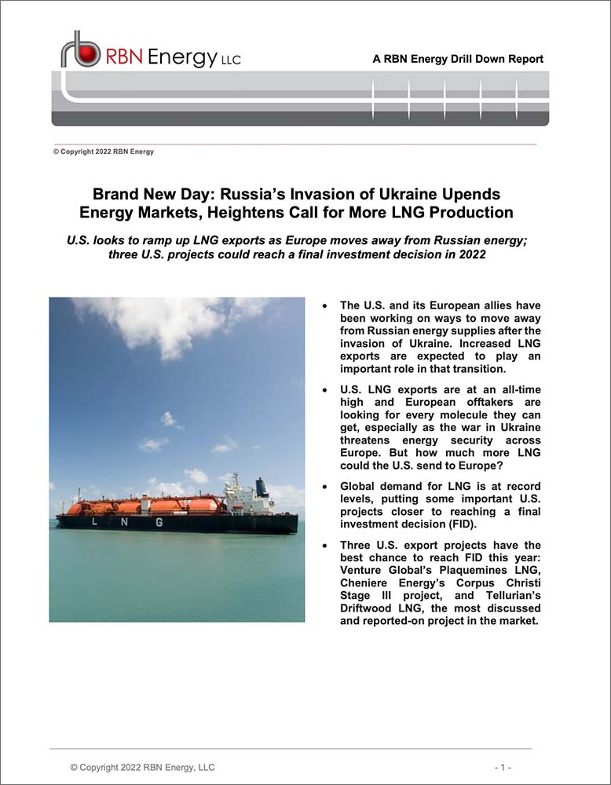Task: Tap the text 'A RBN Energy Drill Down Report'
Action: (x=458, y=59)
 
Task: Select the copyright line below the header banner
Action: (x=103, y=152)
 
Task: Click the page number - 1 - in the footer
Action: (x=503, y=767)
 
